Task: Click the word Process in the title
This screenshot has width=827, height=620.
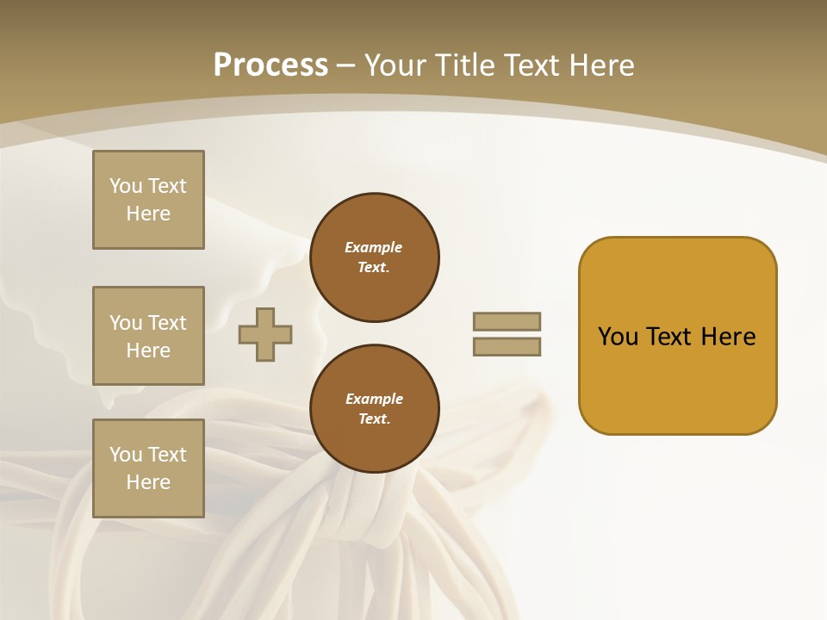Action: click(x=270, y=65)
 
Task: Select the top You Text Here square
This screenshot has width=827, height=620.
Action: click(x=148, y=200)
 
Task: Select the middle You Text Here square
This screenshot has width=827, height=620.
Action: click(x=148, y=336)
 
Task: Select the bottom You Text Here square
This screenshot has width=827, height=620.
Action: click(x=148, y=468)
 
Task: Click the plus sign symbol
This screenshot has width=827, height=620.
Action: click(x=265, y=334)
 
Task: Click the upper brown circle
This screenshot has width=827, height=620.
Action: click(x=375, y=257)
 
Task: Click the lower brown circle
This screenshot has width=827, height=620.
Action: click(x=375, y=409)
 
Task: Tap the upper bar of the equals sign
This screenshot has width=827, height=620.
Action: click(x=507, y=321)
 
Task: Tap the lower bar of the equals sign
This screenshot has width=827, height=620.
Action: click(x=507, y=347)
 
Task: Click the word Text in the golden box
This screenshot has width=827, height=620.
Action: click(x=669, y=337)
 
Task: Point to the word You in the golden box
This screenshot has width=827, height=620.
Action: click(x=618, y=337)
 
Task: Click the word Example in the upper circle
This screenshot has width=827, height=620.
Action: click(x=373, y=247)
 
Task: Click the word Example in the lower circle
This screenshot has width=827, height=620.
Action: click(x=374, y=399)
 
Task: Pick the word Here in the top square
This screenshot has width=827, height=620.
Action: click(x=148, y=214)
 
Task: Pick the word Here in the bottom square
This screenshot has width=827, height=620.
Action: click(x=148, y=482)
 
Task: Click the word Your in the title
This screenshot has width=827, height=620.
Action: click(x=395, y=65)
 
